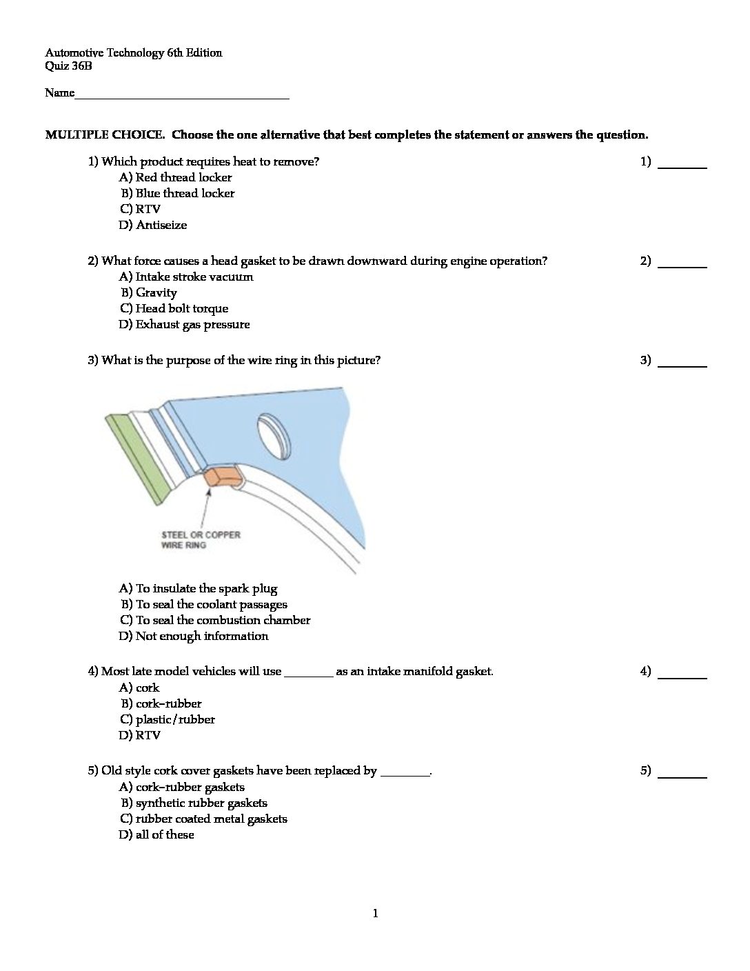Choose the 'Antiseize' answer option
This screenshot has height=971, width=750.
(x=153, y=225)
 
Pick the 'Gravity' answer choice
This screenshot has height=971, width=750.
(x=149, y=292)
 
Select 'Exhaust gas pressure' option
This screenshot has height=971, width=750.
(x=184, y=324)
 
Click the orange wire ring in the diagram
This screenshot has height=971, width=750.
(x=222, y=476)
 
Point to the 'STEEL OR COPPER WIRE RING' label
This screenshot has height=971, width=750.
(x=201, y=540)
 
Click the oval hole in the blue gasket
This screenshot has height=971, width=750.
(x=273, y=434)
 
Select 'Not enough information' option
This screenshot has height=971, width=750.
(x=194, y=636)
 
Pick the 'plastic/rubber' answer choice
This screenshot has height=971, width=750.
(x=168, y=719)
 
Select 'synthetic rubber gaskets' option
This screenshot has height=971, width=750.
(x=194, y=803)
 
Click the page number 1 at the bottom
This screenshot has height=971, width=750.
(x=375, y=914)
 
